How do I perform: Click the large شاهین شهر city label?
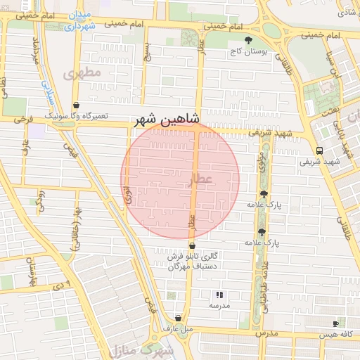pyautogui.click(x=168, y=120)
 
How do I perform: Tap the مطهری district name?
pyautogui.click(x=82, y=73)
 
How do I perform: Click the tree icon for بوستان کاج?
pyautogui.click(x=247, y=40)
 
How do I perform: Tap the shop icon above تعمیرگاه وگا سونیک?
pyautogui.click(x=76, y=105)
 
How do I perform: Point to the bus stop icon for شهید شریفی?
pyautogui.click(x=320, y=150)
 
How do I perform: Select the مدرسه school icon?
pyautogui.click(x=219, y=295)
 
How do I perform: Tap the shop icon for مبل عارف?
pyautogui.click(x=178, y=318)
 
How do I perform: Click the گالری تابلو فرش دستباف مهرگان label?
pyautogui.click(x=193, y=261)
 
